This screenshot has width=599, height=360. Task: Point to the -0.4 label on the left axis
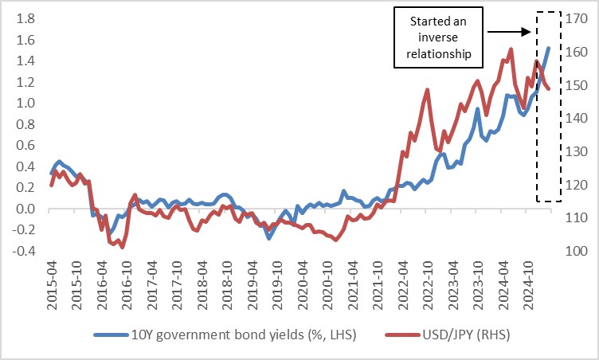22,252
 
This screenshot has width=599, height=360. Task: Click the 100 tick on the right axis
577,252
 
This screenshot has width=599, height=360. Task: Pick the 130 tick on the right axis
577,151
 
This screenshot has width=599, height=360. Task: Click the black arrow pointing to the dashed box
508,32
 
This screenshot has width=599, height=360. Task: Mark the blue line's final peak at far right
549,49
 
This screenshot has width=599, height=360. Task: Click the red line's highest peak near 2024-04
510,49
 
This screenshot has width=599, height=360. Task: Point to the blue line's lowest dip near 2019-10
269,237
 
